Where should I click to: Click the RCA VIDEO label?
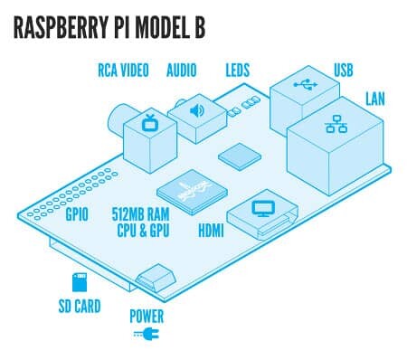(123, 71)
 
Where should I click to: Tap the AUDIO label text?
(182, 71)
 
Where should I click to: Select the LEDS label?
(238, 71)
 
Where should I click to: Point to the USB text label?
(343, 70)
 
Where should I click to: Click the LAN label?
(375, 99)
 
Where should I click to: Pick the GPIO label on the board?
(77, 214)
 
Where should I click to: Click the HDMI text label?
(211, 231)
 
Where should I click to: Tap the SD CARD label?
(80, 306)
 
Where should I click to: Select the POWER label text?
(147, 317)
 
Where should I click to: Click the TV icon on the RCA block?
(148, 122)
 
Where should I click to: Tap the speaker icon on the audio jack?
(197, 110)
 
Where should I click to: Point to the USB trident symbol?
(306, 85)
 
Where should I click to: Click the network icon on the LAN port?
(336, 124)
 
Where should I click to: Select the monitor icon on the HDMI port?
(263, 209)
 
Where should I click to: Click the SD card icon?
(80, 282)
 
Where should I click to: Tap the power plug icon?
(147, 334)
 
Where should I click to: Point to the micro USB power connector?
(156, 278)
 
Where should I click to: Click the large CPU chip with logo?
(192, 192)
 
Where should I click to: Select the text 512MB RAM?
(140, 214)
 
